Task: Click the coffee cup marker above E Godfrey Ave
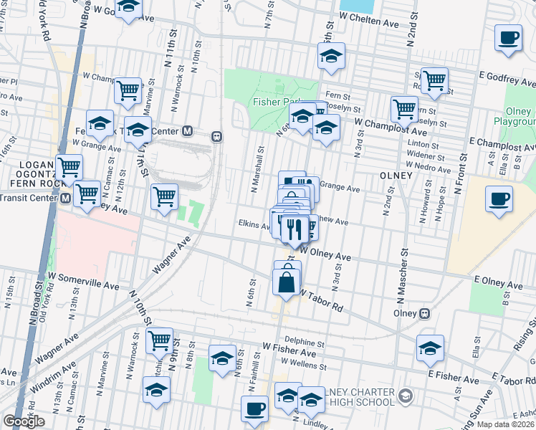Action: click(x=508, y=38)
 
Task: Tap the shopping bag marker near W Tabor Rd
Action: click(x=287, y=281)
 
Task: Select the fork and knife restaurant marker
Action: click(x=295, y=229)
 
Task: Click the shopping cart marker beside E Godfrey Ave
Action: click(x=434, y=82)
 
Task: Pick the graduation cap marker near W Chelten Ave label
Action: click(x=331, y=57)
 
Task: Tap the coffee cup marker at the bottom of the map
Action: click(x=254, y=409)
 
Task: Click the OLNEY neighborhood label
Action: click(x=397, y=176)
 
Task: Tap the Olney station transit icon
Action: click(x=424, y=313)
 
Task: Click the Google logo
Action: click(x=24, y=421)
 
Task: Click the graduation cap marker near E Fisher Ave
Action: click(x=429, y=348)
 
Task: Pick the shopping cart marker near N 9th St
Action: click(x=159, y=340)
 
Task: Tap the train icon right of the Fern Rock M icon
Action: click(x=216, y=136)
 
